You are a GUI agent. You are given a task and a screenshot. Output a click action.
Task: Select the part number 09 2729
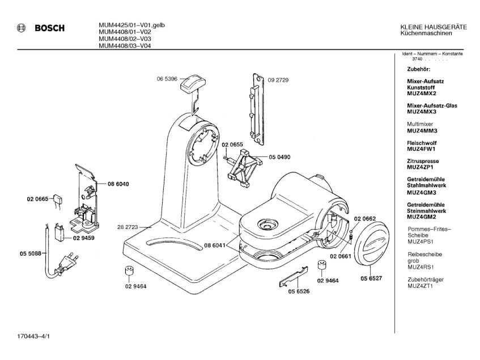(278, 80)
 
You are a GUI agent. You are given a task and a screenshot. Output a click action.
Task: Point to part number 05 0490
(279, 157)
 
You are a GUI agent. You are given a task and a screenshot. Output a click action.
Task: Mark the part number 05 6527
(371, 278)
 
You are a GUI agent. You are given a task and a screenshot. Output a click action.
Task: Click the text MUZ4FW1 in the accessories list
(420, 149)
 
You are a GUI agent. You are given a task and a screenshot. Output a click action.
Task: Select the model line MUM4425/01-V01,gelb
(128, 25)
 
